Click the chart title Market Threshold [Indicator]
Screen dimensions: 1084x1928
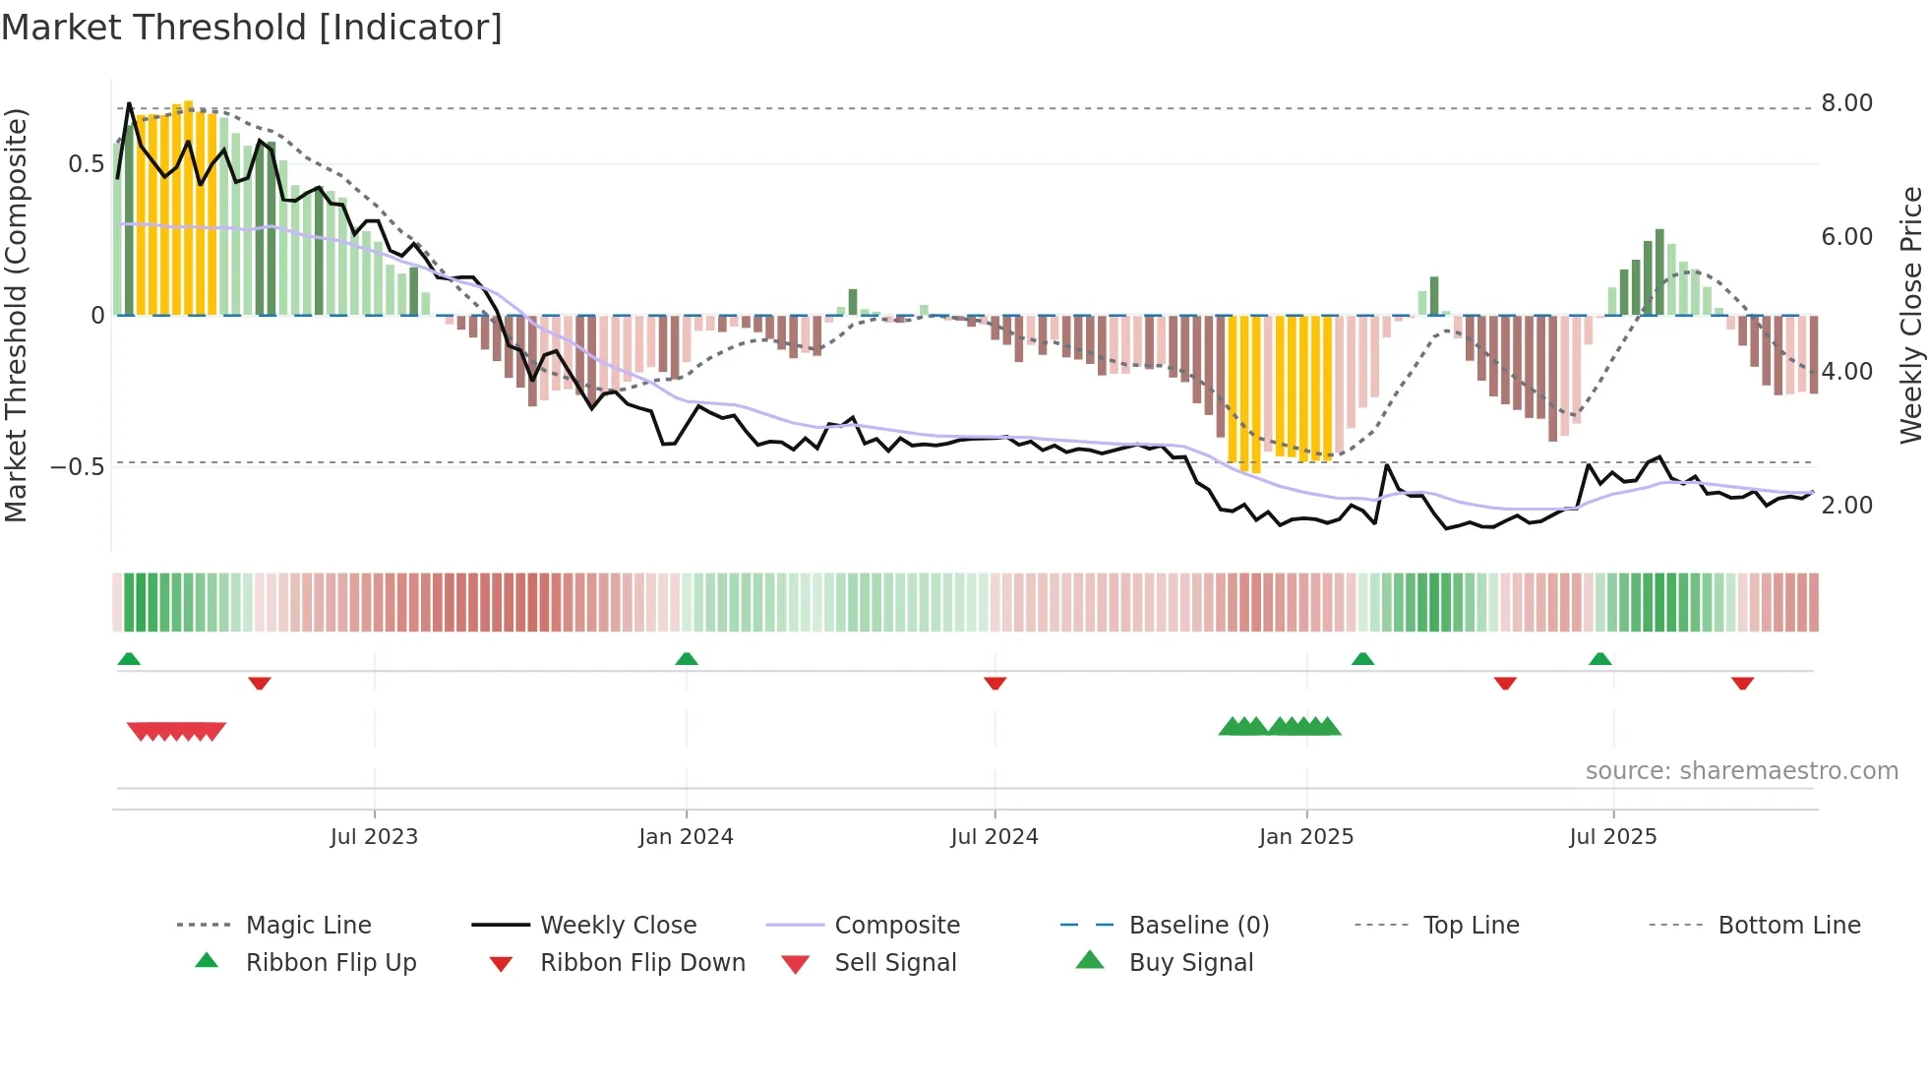pyautogui.click(x=252, y=28)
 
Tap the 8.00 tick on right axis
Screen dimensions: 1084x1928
pyautogui.click(x=1846, y=103)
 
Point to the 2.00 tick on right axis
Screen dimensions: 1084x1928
pyautogui.click(x=1846, y=506)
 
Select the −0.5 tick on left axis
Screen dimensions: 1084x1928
pyautogui.click(x=78, y=466)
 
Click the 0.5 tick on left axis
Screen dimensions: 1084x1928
pyautogui.click(x=86, y=164)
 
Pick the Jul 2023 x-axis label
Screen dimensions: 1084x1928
pyautogui.click(x=374, y=837)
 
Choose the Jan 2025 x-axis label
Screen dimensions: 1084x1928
pyautogui.click(x=1306, y=837)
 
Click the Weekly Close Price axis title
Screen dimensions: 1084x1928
pyautogui.click(x=1910, y=315)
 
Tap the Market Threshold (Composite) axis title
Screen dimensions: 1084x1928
pyautogui.click(x=16, y=315)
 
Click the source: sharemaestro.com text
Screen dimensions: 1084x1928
pyautogui.click(x=1741, y=771)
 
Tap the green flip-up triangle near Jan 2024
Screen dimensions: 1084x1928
pyautogui.click(x=687, y=659)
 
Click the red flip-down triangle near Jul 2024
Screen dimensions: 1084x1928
pyautogui.click(x=994, y=683)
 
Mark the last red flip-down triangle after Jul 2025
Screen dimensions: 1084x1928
pyautogui.click(x=1742, y=683)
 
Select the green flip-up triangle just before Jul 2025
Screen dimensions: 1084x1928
pyautogui.click(x=1599, y=659)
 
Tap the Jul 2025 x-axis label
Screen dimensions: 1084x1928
pyautogui.click(x=1612, y=837)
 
